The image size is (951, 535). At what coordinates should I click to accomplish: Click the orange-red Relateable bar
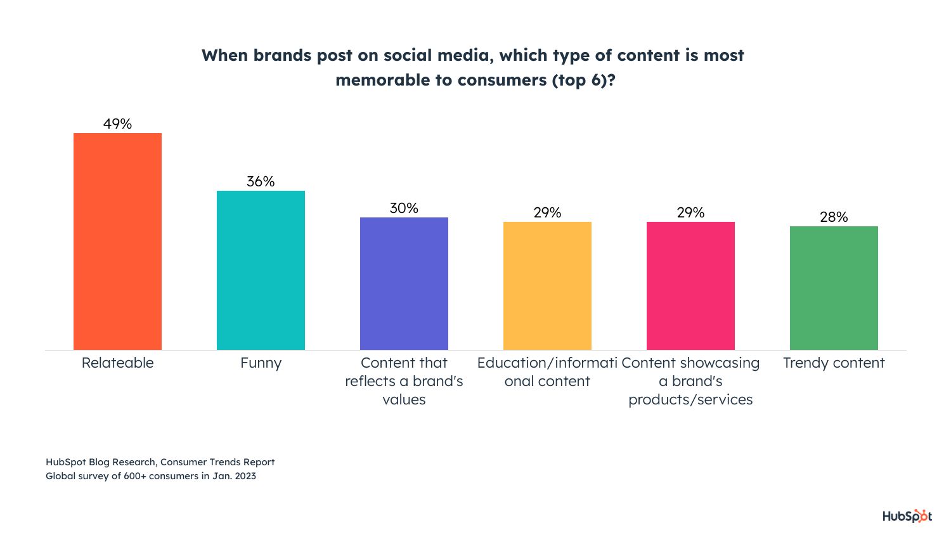tap(117, 241)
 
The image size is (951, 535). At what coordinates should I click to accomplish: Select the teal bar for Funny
tap(261, 270)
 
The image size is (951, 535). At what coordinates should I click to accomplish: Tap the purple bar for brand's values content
tap(404, 283)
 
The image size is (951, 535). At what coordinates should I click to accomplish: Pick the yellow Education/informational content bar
tap(547, 285)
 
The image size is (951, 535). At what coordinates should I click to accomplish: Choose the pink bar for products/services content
tap(690, 285)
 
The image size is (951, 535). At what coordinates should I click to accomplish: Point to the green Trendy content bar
tap(834, 288)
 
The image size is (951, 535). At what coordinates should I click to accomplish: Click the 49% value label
tap(117, 124)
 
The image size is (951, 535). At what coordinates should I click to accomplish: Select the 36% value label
tap(261, 181)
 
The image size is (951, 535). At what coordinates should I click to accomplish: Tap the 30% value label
tap(404, 208)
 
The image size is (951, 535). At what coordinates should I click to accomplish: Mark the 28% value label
tap(834, 217)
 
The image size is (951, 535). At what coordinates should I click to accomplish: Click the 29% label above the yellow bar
tap(547, 212)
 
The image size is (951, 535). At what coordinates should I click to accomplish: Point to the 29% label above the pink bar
tap(690, 212)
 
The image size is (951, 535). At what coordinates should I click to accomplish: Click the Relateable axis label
tap(117, 363)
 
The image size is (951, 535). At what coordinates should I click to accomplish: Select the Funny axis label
tap(261, 363)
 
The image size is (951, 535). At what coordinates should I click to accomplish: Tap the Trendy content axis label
tap(834, 363)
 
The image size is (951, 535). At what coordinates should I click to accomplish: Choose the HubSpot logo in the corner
tap(907, 516)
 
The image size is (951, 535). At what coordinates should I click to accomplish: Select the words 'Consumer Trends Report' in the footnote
tap(217, 462)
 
